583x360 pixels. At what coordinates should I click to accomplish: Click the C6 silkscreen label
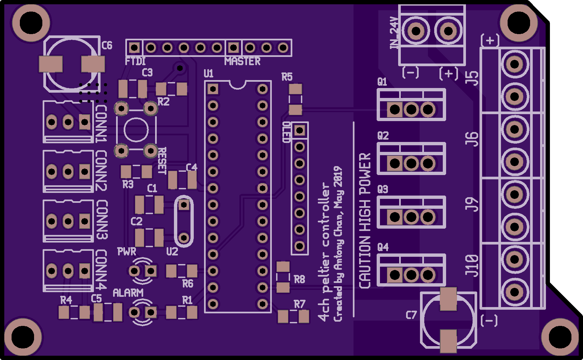coord(107,45)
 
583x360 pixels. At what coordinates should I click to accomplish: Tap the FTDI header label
coord(135,61)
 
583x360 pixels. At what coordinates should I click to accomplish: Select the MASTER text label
coord(242,61)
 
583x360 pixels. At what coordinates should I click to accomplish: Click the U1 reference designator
coord(209,73)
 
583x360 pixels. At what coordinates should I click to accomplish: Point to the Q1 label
coord(382,82)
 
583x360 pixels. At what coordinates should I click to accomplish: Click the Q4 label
coord(383,247)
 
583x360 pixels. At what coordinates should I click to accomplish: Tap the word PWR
coord(127,252)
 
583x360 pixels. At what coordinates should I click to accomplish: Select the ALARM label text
coord(128,293)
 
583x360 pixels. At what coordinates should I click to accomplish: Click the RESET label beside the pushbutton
coord(162,161)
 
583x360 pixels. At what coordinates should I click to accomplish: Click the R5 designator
coord(287,77)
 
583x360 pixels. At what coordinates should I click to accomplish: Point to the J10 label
coord(472,266)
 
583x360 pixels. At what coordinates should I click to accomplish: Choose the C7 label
coord(411,315)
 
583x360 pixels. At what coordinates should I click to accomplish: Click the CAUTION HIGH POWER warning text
coord(365,221)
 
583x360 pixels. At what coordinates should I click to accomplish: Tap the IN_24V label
coord(394,33)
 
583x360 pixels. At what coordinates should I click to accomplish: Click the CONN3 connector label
coord(102,220)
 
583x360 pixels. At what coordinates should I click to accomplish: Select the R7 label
coord(300,304)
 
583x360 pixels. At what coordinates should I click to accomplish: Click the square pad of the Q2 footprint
coord(395,163)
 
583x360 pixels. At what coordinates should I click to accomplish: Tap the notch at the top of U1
coord(237,85)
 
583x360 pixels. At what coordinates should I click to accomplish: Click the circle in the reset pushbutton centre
coord(136,130)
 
